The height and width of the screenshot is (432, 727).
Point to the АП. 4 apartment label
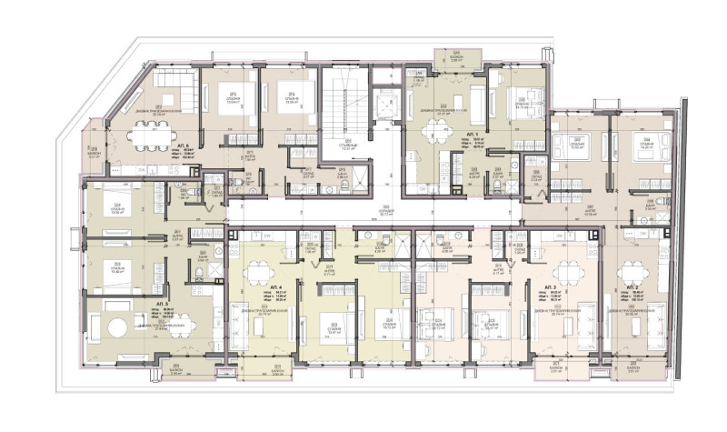275,288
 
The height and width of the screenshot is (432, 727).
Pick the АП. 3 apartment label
551,287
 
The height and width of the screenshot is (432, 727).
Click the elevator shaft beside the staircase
385,104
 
